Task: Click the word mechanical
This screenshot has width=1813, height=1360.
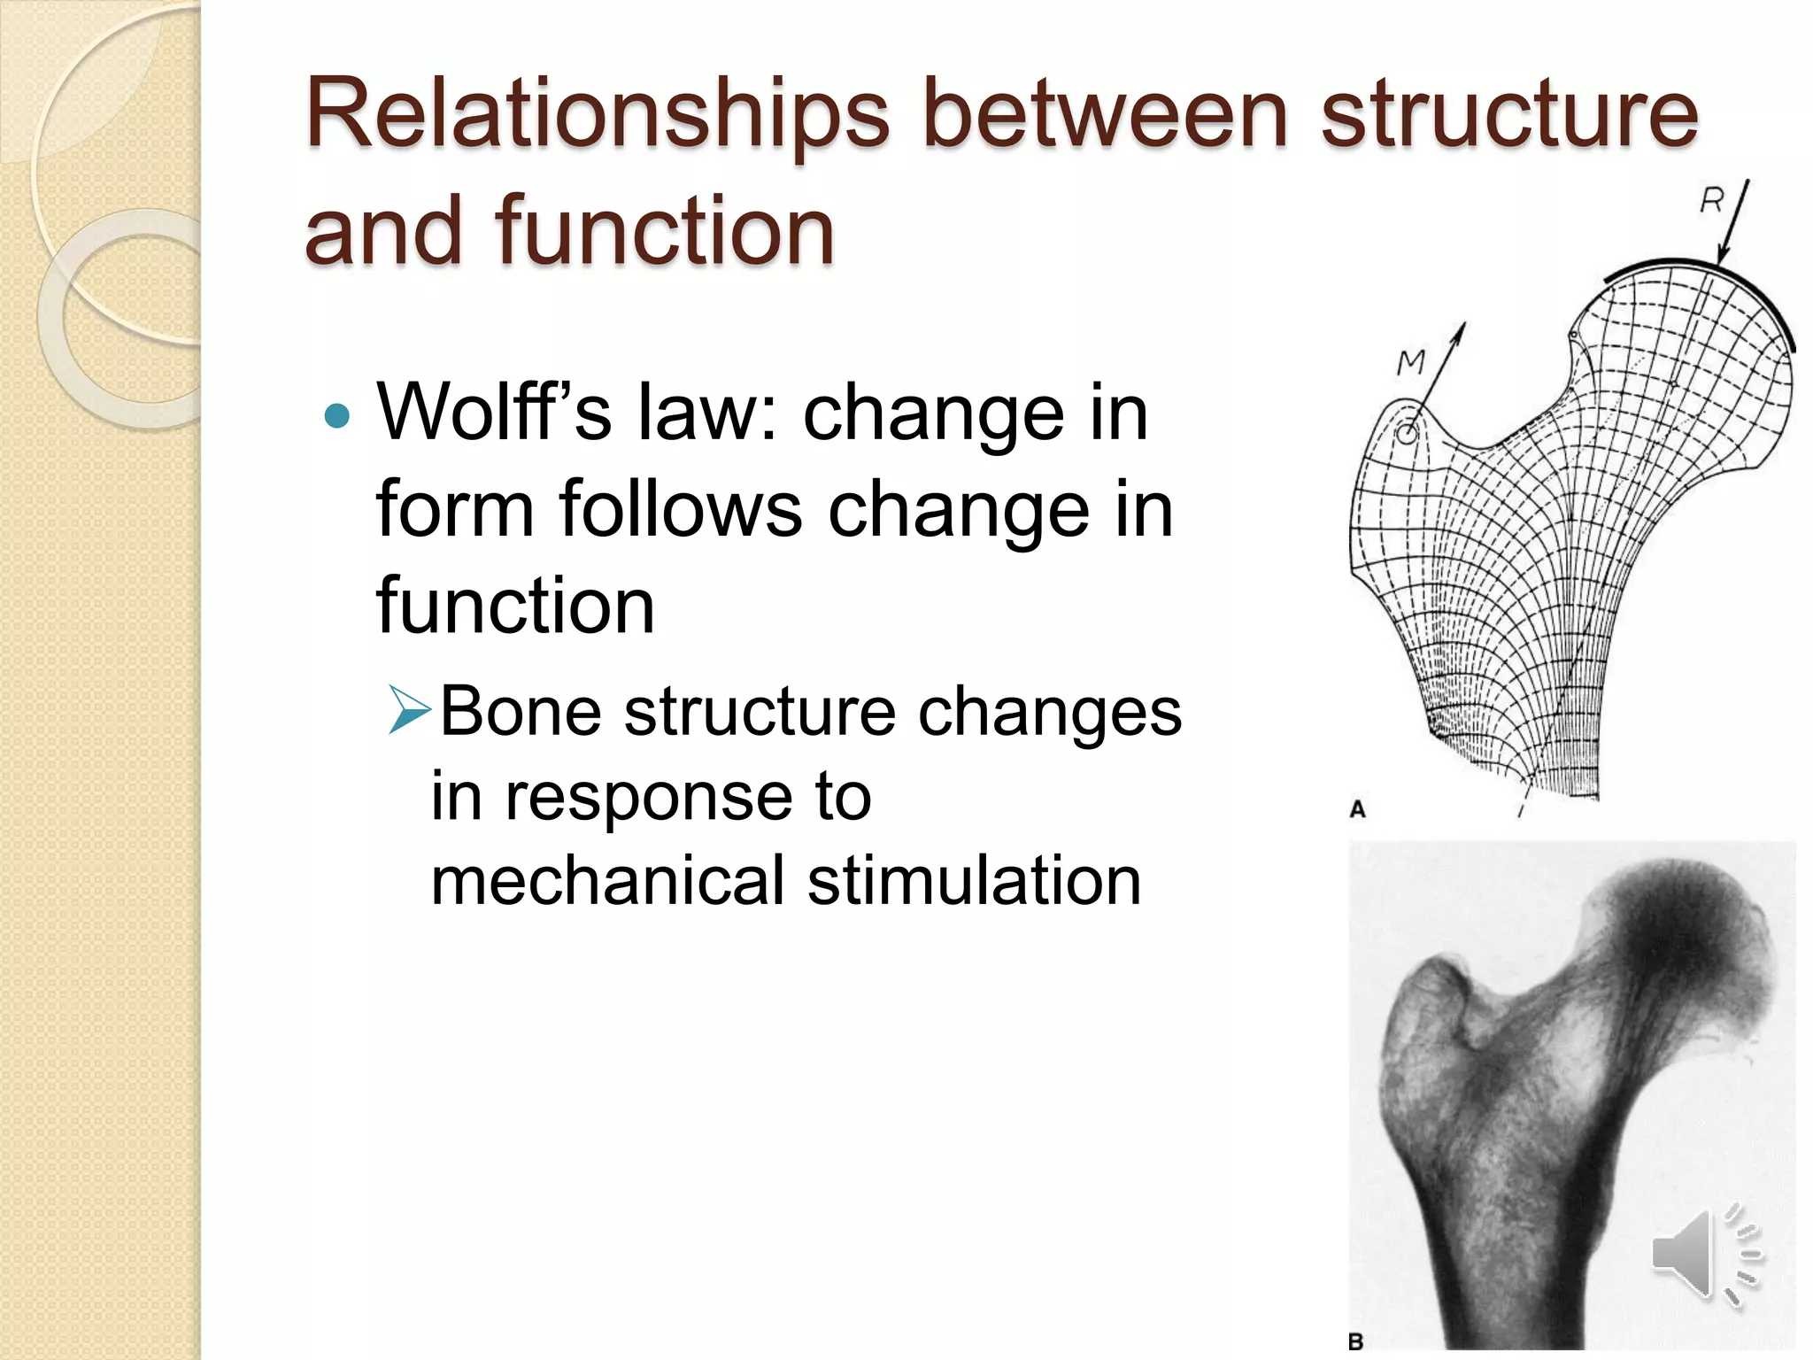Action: (x=607, y=881)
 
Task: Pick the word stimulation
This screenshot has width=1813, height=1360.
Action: (x=975, y=881)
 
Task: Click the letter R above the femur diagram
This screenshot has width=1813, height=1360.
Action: (x=1711, y=203)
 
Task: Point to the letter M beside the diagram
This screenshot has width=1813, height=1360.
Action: (x=1411, y=361)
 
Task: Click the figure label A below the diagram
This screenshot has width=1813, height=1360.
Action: (x=1357, y=808)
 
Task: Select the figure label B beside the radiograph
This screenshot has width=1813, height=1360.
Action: (x=1355, y=1341)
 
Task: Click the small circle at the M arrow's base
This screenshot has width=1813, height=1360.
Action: (x=1406, y=434)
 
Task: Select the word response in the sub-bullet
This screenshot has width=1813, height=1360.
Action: (x=650, y=797)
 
